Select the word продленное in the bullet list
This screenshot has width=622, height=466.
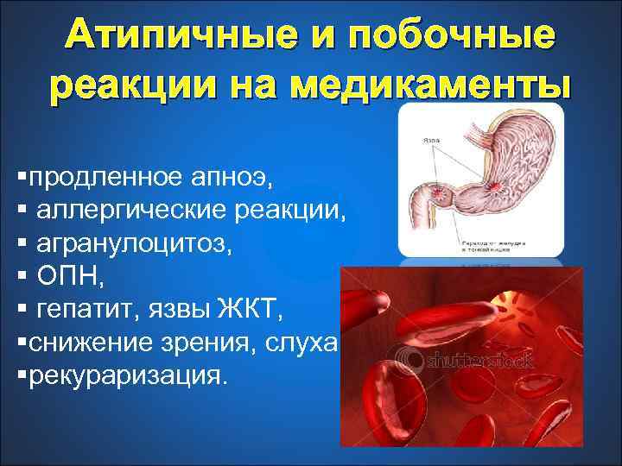[105, 179]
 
